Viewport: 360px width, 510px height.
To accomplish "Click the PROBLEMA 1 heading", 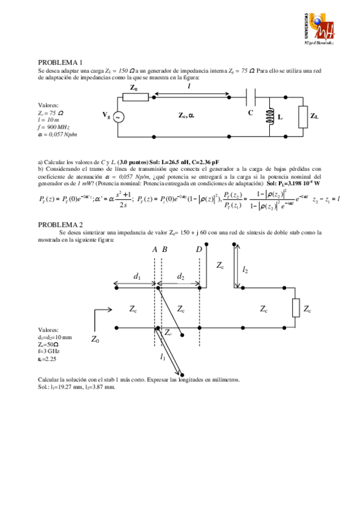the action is (x=60, y=62).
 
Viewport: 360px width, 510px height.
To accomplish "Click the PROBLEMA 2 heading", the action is (x=60, y=224).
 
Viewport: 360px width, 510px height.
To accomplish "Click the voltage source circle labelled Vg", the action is (x=118, y=117).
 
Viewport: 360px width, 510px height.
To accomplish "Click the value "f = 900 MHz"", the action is (x=53, y=127).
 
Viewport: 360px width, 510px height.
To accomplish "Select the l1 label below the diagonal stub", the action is (x=163, y=356).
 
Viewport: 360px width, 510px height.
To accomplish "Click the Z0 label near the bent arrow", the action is (x=95, y=340).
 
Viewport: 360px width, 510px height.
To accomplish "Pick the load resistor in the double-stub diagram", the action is (x=295, y=308).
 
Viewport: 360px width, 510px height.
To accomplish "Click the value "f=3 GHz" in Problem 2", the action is (x=49, y=351).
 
